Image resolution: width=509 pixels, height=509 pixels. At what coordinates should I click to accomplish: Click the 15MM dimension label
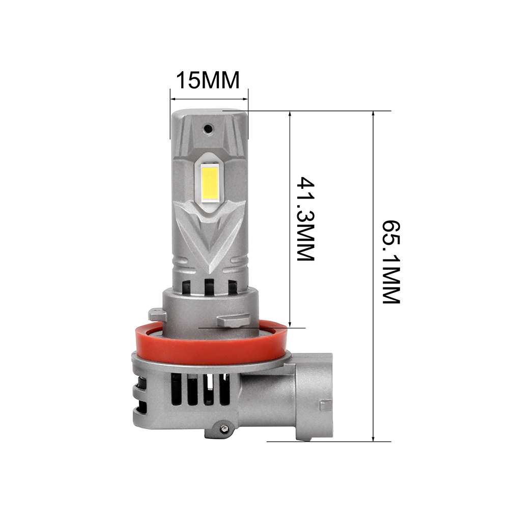tap(208, 80)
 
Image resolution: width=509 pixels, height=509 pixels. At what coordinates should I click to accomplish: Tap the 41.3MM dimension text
tap(306, 218)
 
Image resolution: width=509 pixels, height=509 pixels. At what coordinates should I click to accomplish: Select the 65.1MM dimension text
tap(391, 262)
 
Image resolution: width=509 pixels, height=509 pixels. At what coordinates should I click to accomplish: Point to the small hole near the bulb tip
tap(208, 129)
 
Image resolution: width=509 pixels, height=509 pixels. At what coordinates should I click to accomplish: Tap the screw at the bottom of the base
tap(223, 429)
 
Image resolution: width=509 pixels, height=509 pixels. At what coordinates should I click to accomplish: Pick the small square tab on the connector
tap(326, 406)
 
